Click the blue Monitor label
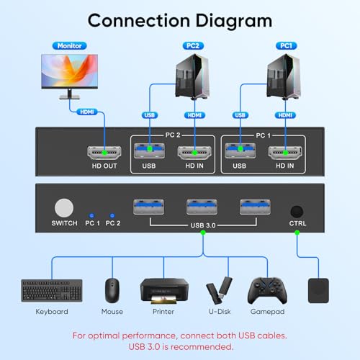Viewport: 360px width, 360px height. [69, 45]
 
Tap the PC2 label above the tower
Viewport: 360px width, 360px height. [192, 45]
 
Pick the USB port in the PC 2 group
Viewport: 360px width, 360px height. [149, 152]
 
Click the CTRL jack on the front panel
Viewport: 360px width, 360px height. [297, 212]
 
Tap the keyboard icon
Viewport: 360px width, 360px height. [52, 290]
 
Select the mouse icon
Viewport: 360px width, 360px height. [112, 290]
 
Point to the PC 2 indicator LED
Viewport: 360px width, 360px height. [112, 215]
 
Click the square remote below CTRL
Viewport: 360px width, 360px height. [318, 290]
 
